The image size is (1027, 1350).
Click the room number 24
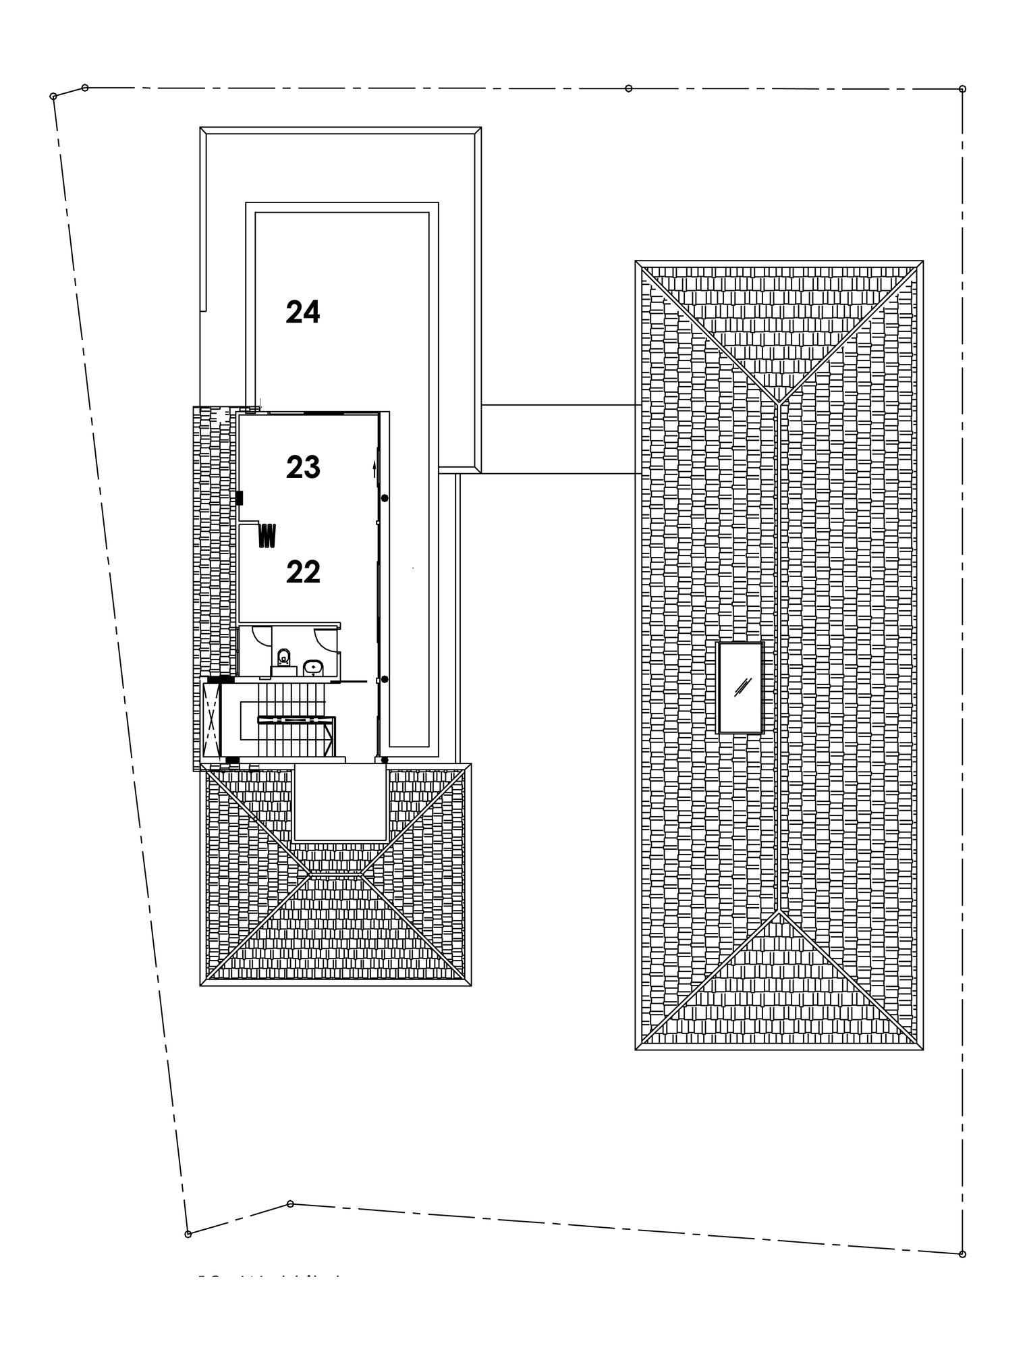(x=302, y=313)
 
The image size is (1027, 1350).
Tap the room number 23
(x=302, y=467)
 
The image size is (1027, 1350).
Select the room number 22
(x=302, y=572)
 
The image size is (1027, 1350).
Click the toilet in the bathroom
(x=283, y=656)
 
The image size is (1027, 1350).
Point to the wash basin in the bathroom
(x=313, y=668)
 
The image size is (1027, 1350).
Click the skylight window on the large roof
(x=740, y=687)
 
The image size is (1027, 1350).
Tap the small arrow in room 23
(x=374, y=468)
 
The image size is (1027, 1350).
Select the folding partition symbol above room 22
(x=268, y=535)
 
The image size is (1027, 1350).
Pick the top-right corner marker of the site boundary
(x=962, y=88)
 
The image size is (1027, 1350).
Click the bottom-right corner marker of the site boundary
(x=962, y=1254)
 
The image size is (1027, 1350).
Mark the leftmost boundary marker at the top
(x=53, y=97)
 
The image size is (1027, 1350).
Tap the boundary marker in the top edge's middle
(x=628, y=88)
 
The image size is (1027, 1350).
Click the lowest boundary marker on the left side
(x=188, y=1235)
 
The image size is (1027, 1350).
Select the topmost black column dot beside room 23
(x=385, y=498)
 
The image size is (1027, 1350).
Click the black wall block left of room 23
(x=239, y=498)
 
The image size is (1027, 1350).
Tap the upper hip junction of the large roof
(x=779, y=403)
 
